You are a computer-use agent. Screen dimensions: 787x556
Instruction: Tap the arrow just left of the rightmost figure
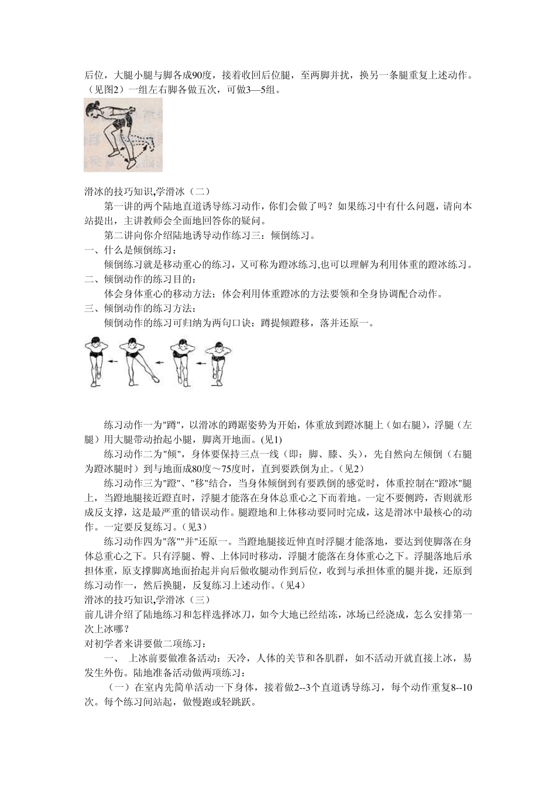coord(201,364)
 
